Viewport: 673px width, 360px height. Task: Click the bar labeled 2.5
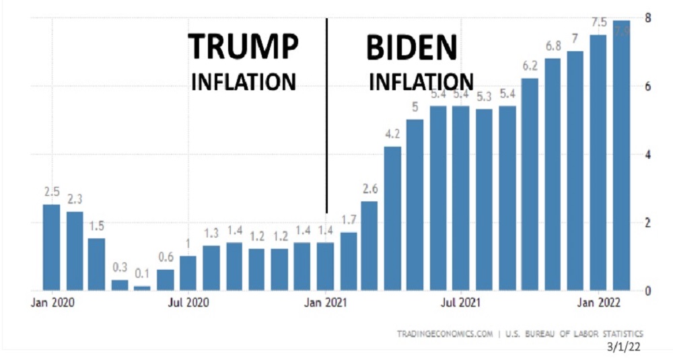(51, 247)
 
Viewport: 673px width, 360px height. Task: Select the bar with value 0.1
(142, 288)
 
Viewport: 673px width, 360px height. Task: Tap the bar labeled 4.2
(392, 219)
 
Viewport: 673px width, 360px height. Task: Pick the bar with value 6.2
(530, 184)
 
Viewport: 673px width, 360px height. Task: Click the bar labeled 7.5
(598, 162)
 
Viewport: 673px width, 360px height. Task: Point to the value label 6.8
(553, 46)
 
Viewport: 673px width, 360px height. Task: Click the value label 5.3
(484, 97)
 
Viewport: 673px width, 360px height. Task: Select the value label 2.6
(369, 189)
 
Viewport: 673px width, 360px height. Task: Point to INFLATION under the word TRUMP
(244, 82)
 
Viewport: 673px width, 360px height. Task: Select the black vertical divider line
(326, 114)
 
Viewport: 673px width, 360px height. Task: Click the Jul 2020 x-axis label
(188, 304)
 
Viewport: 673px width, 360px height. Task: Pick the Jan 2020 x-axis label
(52, 304)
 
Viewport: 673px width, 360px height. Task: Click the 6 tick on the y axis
(647, 86)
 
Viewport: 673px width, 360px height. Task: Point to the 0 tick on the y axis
(647, 291)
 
